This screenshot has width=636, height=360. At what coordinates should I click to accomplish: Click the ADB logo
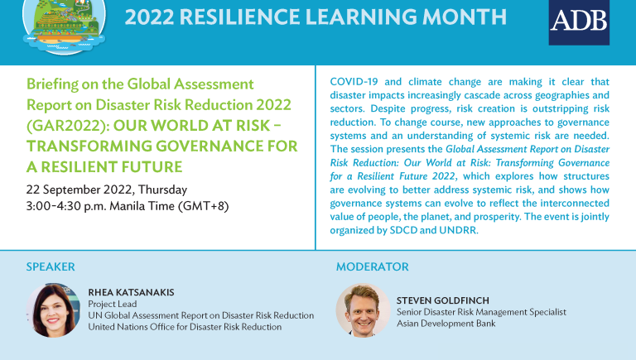[579, 22]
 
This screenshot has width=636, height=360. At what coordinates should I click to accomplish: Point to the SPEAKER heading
[51, 266]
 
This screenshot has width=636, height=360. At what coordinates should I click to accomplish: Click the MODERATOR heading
[373, 266]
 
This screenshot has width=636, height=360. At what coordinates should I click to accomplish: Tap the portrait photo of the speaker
[53, 310]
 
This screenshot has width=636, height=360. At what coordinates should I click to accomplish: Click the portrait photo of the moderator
[363, 310]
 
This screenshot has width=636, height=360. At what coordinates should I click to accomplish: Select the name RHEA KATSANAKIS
[132, 292]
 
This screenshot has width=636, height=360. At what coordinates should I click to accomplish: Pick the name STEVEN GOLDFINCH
[443, 300]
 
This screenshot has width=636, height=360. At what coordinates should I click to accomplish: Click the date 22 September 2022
[79, 190]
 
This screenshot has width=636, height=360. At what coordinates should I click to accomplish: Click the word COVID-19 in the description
[354, 81]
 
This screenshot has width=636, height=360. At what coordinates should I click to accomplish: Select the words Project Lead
[113, 304]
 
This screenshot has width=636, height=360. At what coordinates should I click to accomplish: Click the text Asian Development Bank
[446, 324]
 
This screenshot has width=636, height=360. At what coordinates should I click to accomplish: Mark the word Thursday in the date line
[162, 190]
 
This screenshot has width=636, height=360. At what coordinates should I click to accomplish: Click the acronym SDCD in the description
[403, 230]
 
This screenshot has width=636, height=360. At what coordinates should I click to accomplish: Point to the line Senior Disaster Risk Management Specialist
[481, 312]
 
